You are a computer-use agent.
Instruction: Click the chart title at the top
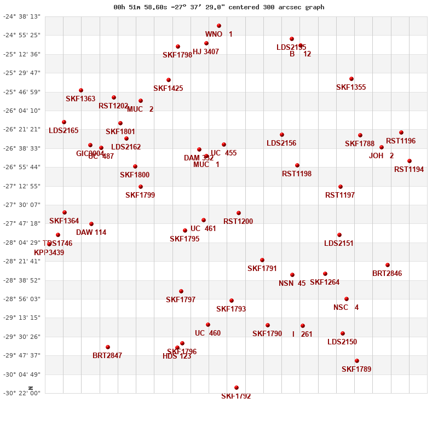(x=218, y=7)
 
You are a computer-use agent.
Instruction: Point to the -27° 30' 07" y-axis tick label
(x=22, y=205)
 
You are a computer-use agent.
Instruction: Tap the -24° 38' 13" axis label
(x=22, y=16)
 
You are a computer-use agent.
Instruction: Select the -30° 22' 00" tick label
(x=22, y=393)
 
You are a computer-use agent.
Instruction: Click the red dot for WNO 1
(x=219, y=26)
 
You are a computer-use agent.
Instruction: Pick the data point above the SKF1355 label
(x=351, y=79)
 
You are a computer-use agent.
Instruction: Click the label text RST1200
(x=238, y=222)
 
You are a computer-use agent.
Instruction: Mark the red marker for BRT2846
(x=388, y=265)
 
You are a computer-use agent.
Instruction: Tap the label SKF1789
(x=356, y=370)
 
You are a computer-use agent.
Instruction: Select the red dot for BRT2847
(x=108, y=347)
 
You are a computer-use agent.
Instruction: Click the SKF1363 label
(x=80, y=99)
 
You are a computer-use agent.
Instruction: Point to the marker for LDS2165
(x=64, y=122)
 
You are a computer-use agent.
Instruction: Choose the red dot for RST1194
(x=410, y=161)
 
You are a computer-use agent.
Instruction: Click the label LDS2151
(x=339, y=244)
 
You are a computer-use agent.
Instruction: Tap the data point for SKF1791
(x=262, y=260)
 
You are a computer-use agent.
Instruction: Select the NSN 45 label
(x=292, y=284)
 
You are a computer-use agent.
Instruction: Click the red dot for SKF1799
(x=141, y=187)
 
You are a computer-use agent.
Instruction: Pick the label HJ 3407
(x=206, y=52)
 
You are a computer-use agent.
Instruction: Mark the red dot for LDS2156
(x=282, y=135)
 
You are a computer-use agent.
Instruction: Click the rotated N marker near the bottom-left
(x=31, y=388)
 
